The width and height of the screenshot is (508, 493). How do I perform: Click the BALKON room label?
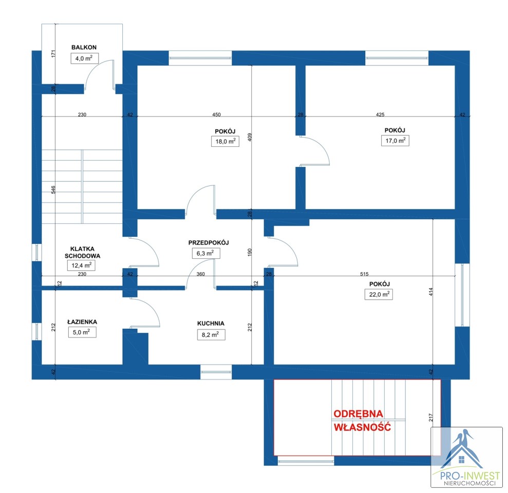[84, 47]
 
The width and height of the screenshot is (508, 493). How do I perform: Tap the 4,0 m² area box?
[85, 59]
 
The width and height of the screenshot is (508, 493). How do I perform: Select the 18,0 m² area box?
[225, 141]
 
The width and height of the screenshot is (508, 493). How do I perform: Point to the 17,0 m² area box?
[396, 141]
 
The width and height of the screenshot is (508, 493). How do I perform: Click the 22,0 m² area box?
[379, 294]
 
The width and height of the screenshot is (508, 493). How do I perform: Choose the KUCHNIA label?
[211, 323]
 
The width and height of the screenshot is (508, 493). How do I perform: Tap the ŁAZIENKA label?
[82, 321]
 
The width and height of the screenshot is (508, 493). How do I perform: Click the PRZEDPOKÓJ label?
[209, 242]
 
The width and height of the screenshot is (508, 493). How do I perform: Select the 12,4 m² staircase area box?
[81, 266]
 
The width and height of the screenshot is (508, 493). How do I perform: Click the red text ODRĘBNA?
[359, 413]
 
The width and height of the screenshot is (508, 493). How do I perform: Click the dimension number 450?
[216, 115]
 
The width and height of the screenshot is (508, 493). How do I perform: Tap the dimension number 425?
[380, 115]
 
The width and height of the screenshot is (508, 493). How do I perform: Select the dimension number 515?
[364, 274]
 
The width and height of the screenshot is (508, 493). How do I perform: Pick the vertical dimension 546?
[53, 189]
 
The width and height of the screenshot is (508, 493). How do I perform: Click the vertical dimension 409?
[250, 137]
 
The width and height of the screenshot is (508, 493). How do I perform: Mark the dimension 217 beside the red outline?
[430, 417]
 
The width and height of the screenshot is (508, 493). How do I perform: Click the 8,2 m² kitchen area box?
[211, 335]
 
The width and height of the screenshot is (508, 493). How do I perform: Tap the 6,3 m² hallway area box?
[206, 253]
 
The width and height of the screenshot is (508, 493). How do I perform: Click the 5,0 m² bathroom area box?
[82, 332]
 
